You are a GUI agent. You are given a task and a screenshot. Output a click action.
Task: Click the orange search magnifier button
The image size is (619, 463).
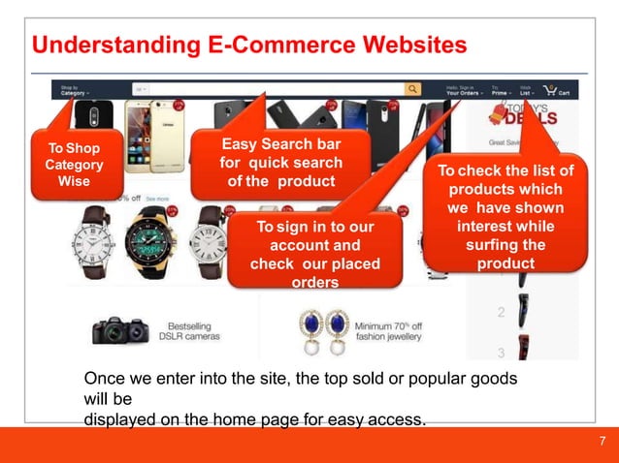pos(413,89)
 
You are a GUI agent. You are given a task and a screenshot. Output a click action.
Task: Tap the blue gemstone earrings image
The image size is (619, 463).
pos(325,328)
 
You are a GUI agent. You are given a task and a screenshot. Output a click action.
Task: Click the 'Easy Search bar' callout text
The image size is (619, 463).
pos(280,164)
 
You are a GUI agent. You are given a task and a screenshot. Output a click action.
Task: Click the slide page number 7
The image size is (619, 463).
pos(603,443)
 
